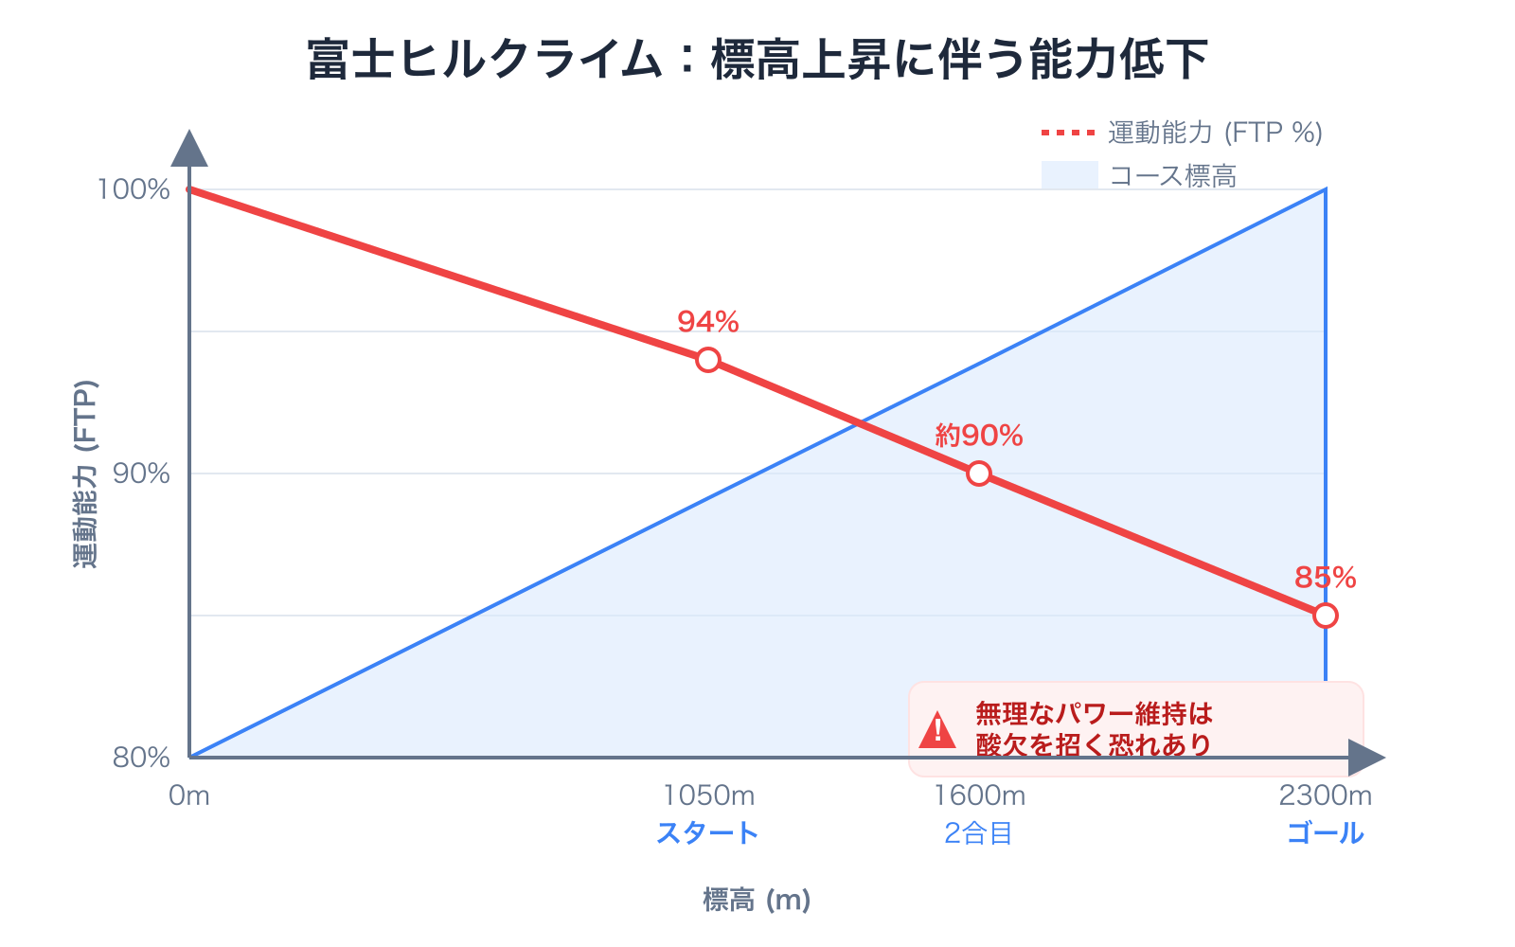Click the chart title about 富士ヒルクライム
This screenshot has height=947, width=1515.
[x=757, y=59]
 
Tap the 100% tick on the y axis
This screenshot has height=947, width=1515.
[x=134, y=189]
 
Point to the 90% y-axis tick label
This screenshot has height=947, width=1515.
[x=141, y=473]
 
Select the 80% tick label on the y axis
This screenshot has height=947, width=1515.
[x=141, y=758]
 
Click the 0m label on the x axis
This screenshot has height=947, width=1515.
[x=189, y=795]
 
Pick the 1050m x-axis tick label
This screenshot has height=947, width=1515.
[x=708, y=795]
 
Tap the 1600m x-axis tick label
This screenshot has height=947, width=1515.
[x=979, y=795]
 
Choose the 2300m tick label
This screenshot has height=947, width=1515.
[x=1325, y=795]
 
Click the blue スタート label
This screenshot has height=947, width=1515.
[x=708, y=833]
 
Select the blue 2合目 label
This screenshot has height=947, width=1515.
[x=979, y=833]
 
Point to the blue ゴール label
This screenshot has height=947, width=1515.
[x=1325, y=833]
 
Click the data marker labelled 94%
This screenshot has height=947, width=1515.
[x=708, y=360]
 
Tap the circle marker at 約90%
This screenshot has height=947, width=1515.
[x=979, y=473]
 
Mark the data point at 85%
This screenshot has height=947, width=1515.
[x=1326, y=616]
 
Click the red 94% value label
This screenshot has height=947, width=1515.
[x=708, y=322]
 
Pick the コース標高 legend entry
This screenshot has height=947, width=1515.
[x=1140, y=176]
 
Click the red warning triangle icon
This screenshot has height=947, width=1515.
[x=937, y=730]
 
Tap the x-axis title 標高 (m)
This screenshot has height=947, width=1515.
[x=757, y=900]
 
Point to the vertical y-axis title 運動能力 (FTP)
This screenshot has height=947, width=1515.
[x=85, y=473]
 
